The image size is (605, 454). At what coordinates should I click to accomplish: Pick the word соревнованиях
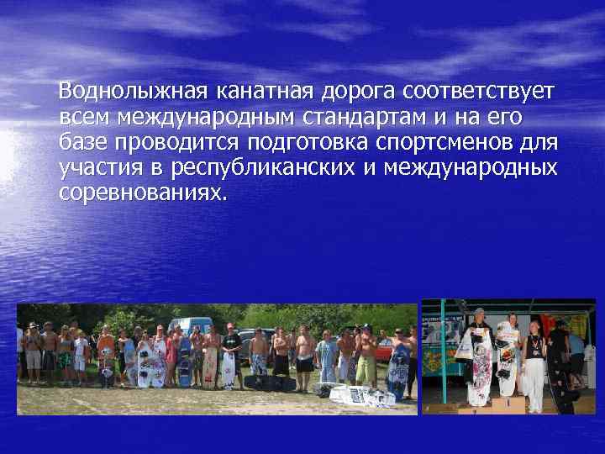point(143,193)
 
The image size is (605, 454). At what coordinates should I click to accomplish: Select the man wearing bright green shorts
point(366,367)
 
